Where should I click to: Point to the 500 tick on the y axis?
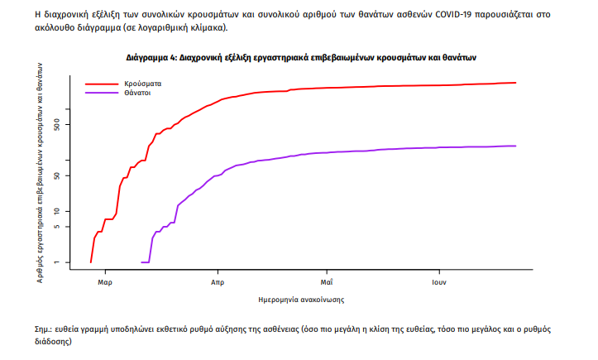69,125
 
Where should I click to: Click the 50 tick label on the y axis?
69,175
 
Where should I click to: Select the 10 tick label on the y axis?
69,211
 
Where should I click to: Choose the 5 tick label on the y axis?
69,227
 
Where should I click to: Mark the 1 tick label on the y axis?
69,262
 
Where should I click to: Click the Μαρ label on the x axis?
105,281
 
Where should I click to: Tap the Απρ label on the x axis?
218,281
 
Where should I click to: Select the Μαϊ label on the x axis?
328,281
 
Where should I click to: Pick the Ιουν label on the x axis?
438,281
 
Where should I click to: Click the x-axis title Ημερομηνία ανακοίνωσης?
301,300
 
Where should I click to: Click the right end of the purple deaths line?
515,146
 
